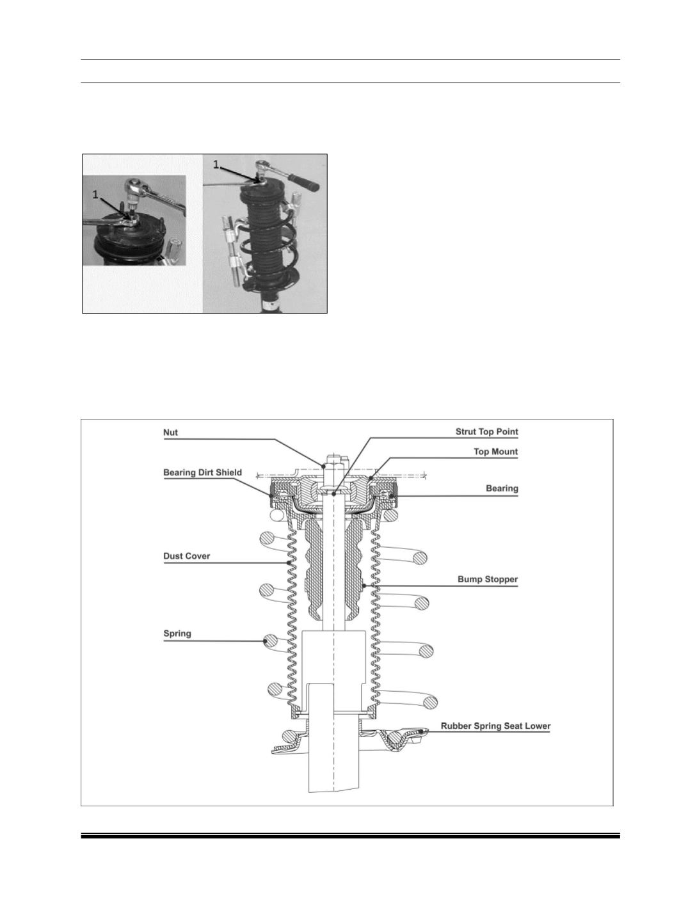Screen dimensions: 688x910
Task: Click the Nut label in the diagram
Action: [170, 433]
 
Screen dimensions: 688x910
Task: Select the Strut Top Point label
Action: [486, 431]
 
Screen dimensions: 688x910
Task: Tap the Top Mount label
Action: [496, 451]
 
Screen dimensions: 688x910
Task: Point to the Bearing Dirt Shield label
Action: [202, 473]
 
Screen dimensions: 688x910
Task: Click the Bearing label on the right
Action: [502, 488]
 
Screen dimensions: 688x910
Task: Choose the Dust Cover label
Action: [186, 556]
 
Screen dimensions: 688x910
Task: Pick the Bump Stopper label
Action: [488, 579]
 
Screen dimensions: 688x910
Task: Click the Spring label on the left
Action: [177, 634]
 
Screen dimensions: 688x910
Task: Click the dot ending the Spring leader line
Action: [265, 641]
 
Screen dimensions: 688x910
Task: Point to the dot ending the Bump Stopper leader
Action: [364, 586]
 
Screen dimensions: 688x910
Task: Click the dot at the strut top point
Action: [333, 494]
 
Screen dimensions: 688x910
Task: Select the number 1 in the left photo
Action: [96, 195]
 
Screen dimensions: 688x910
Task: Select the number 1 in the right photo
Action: [216, 164]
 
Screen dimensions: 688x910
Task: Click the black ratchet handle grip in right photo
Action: [305, 182]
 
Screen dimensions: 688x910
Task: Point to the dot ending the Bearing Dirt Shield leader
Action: [271, 494]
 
